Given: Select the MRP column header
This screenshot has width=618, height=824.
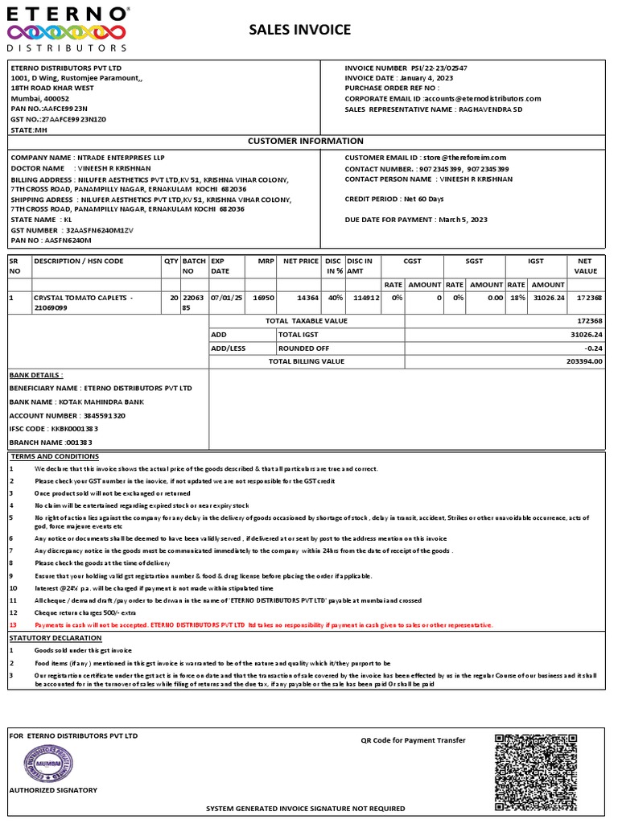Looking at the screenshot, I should coord(266,262).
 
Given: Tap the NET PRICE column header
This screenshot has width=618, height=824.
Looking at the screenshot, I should coord(301,262).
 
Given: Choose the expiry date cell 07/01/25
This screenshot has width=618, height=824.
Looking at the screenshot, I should coord(226,298).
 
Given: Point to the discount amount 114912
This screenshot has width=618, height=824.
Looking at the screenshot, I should coord(367,298).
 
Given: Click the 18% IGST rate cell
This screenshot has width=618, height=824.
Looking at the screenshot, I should coord(517,298).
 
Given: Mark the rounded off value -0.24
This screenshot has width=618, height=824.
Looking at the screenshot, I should coord(593,348).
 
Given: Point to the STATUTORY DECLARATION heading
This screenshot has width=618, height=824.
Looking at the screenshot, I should coord(56,637).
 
